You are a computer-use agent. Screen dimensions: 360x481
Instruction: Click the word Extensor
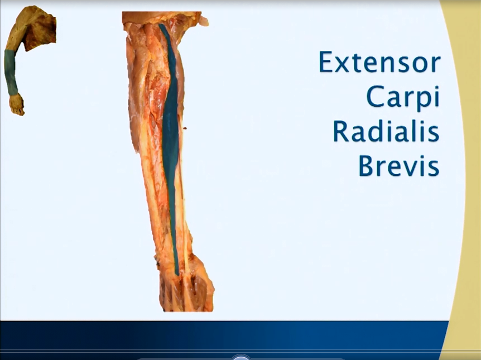(x=379, y=62)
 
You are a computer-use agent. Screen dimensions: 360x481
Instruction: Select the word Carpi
(x=402, y=98)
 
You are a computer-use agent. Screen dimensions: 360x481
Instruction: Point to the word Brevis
(x=398, y=165)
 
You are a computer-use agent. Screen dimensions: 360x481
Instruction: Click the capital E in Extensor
(x=326, y=62)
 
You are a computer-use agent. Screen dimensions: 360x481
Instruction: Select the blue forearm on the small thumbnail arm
(x=11, y=73)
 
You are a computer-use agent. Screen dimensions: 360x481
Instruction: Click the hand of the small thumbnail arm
(x=17, y=105)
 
